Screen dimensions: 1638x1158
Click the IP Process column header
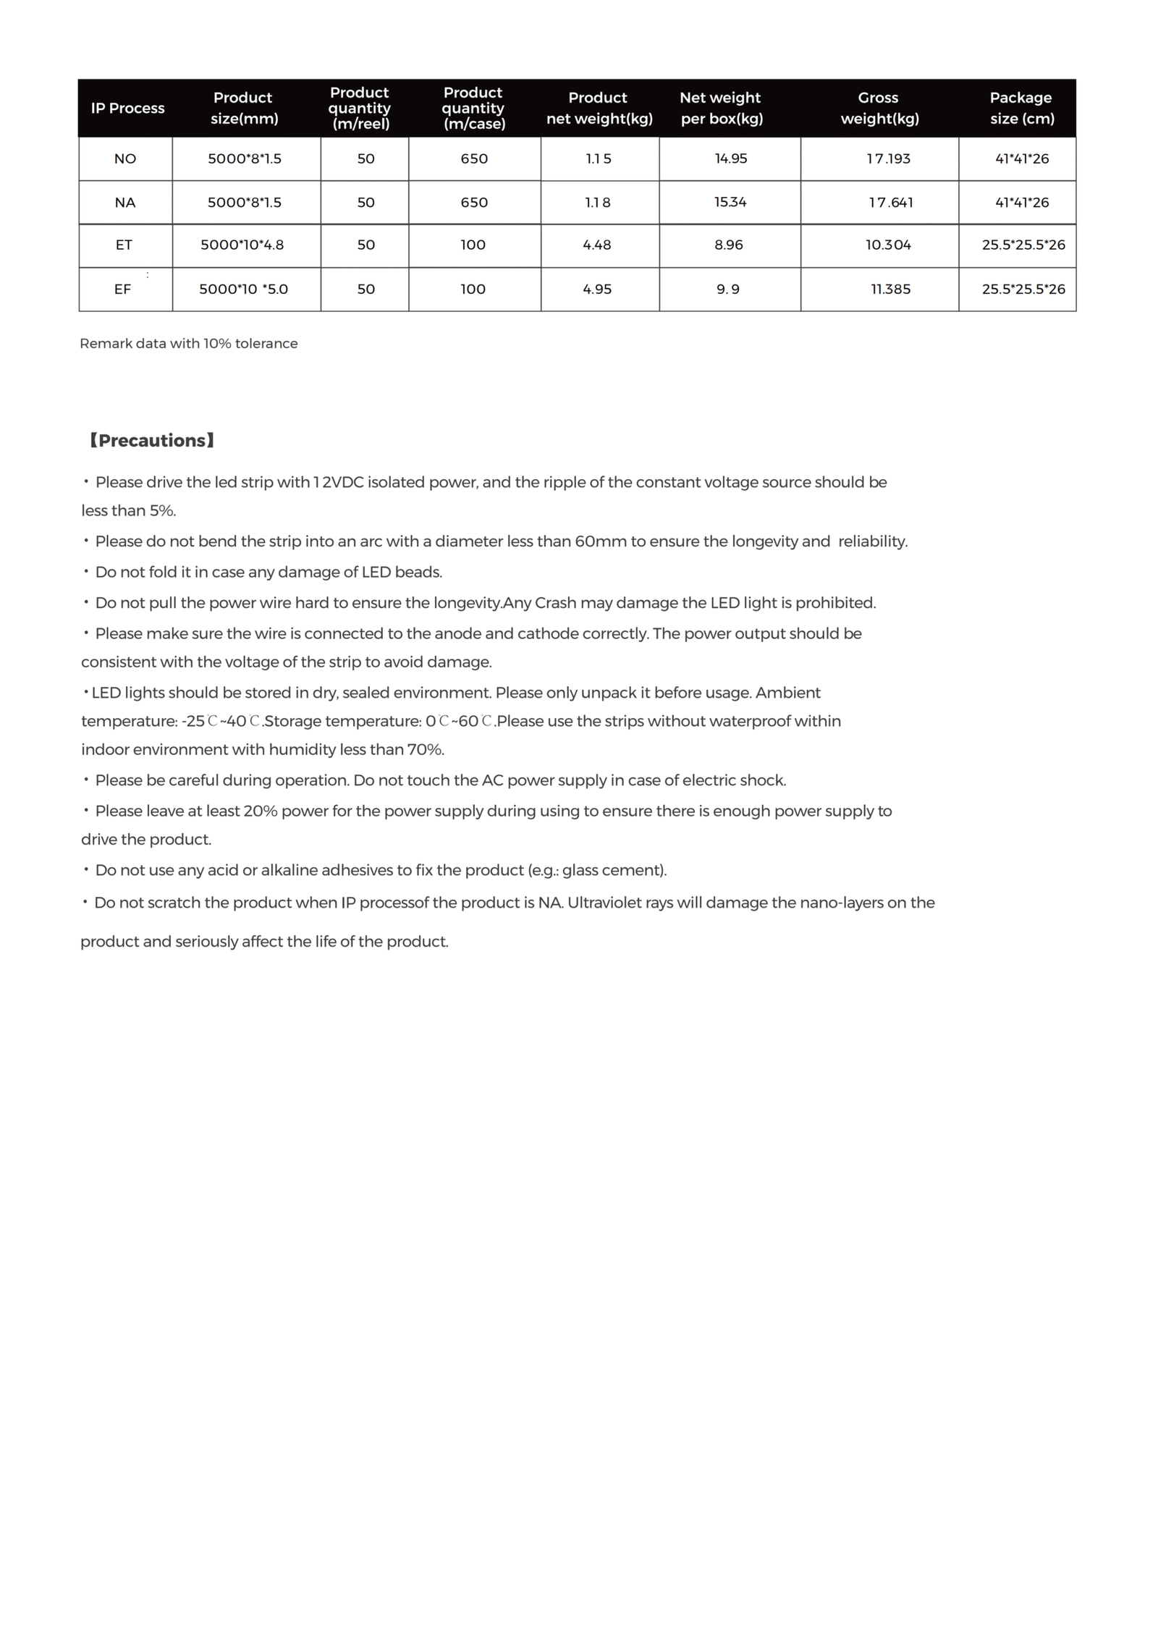click(x=127, y=109)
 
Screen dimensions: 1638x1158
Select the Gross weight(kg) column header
click(x=879, y=108)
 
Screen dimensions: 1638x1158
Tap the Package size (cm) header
click(x=1021, y=108)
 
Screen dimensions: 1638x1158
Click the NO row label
click(x=125, y=159)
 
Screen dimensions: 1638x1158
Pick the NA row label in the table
click(x=125, y=203)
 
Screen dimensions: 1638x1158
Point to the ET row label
click(x=124, y=245)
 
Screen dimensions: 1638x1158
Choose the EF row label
click(x=122, y=290)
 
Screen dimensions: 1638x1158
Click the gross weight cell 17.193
click(x=888, y=159)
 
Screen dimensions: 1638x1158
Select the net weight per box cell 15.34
click(x=730, y=202)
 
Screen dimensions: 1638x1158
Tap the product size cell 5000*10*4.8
click(x=242, y=245)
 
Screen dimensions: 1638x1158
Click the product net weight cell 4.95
click(x=597, y=290)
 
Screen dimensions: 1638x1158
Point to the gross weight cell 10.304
click(x=888, y=245)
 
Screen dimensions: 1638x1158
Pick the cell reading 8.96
click(x=728, y=245)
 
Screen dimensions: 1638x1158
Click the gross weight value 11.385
click(x=890, y=290)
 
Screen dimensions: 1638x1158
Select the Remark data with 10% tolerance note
click(x=188, y=344)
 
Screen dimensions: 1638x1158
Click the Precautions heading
click(x=151, y=441)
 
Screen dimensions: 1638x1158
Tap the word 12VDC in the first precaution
click(x=338, y=483)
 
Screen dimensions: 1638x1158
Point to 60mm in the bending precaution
click(x=600, y=542)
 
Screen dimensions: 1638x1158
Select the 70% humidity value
click(x=426, y=750)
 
